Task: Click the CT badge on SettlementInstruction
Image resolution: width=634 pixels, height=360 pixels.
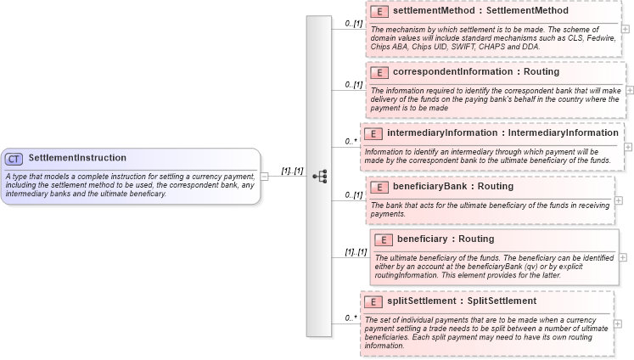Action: point(14,159)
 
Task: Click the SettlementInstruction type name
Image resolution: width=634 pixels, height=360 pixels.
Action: point(77,158)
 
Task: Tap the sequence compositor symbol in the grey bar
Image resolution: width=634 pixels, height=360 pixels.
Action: point(319,177)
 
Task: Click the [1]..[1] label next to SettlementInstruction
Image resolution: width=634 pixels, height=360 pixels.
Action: point(292,171)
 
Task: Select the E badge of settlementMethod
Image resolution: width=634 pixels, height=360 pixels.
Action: point(379,12)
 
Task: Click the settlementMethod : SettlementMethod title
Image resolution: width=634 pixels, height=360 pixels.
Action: point(468,12)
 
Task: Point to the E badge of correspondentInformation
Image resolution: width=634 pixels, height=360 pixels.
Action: point(379,72)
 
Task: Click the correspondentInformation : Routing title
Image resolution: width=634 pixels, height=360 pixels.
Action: point(476,72)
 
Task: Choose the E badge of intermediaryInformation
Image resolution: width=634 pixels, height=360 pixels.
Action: point(373,133)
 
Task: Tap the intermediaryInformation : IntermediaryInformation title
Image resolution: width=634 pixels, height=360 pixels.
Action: point(502,133)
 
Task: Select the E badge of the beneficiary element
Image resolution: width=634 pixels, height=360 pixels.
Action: point(384,239)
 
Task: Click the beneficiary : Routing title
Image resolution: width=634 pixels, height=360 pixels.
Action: point(446,239)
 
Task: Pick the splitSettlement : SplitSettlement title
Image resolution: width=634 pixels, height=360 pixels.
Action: point(462,301)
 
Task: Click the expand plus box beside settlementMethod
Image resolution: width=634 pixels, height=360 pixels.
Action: point(626,28)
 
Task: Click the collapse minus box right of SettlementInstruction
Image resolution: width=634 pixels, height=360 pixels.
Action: point(265,177)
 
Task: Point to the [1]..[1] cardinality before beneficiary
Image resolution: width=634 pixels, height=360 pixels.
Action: point(355,252)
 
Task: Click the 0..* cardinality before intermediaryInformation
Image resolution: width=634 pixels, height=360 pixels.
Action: point(351,141)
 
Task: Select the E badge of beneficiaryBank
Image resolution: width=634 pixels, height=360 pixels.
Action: point(379,186)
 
